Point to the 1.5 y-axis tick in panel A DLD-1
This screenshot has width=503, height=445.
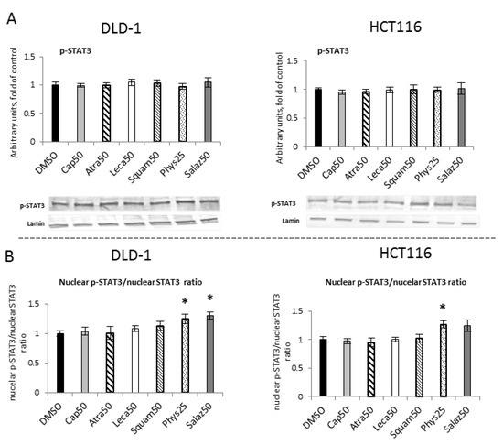[38, 57]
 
